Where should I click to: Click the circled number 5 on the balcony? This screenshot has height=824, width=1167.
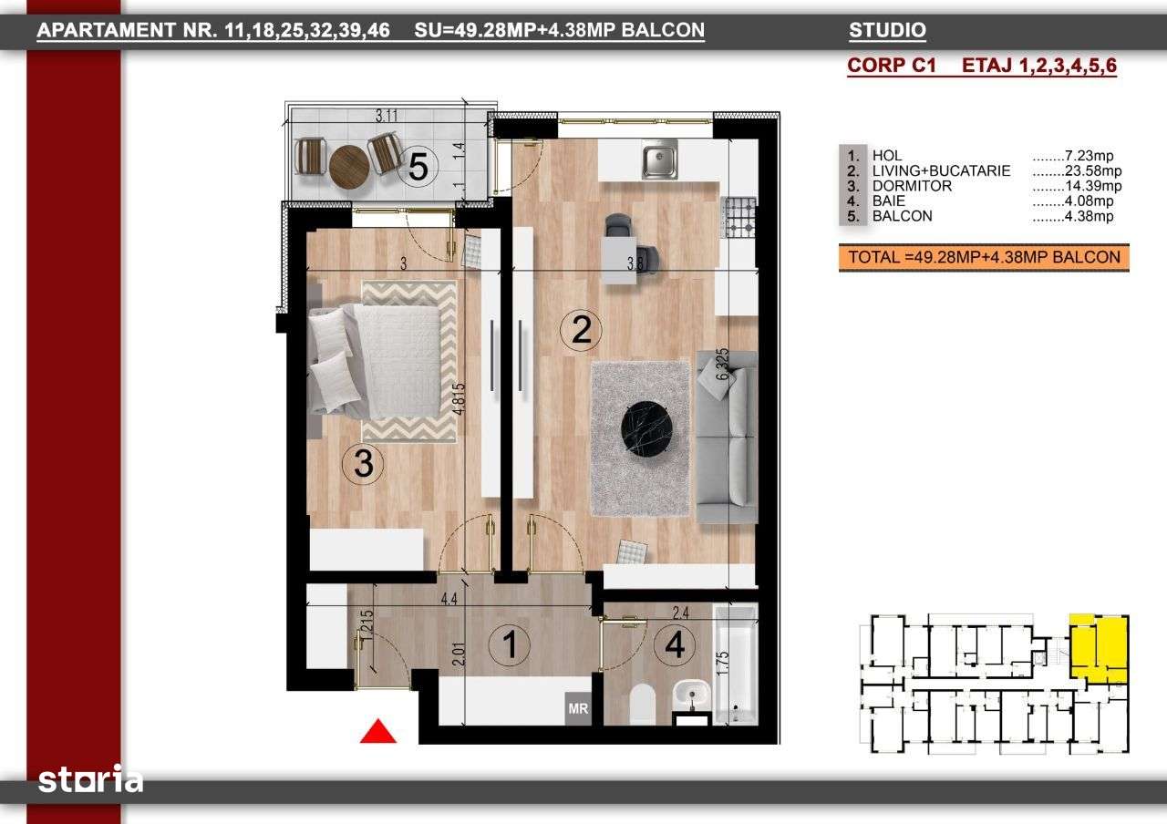coord(418,166)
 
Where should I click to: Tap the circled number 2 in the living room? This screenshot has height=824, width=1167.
coord(582,329)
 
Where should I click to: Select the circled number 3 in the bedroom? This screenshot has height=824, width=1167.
coord(363,465)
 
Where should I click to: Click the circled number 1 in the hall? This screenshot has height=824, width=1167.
coord(509,646)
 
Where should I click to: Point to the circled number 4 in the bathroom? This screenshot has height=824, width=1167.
coord(675,645)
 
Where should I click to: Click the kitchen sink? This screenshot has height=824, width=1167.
coord(659,160)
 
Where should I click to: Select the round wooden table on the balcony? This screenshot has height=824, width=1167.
coord(348,166)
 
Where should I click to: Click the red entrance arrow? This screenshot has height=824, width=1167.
coord(378,731)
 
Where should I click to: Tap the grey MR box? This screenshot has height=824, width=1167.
coord(577,708)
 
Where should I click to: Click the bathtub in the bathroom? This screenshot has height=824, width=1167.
coord(736,663)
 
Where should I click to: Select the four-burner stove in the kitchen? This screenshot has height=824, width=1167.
coord(739,216)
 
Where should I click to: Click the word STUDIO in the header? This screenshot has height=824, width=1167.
coord(887,31)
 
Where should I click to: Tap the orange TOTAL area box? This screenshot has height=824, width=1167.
coord(984,258)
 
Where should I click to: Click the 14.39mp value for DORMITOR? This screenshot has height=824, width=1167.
coord(1076,186)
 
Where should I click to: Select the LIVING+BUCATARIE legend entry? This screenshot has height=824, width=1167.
coord(941,170)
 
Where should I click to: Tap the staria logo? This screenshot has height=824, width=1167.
coord(90,780)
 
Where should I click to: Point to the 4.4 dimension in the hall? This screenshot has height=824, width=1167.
coord(449,600)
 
